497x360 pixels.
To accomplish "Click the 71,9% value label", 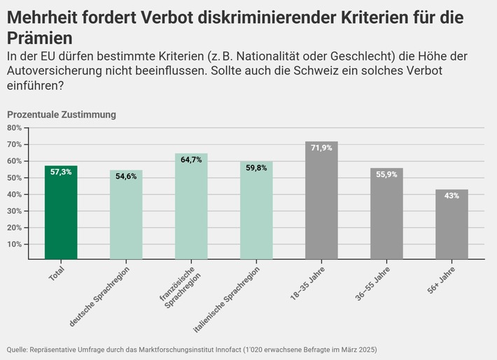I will [x=321, y=148].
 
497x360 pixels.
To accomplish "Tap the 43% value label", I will [x=451, y=195].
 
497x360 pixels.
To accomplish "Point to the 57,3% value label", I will [x=61, y=172].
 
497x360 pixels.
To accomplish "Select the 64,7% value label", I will [x=191, y=160].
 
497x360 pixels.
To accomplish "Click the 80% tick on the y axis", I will [x=15, y=127].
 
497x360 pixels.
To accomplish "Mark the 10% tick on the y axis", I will [x=15, y=244].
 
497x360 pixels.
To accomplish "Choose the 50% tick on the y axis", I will [x=15, y=178].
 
